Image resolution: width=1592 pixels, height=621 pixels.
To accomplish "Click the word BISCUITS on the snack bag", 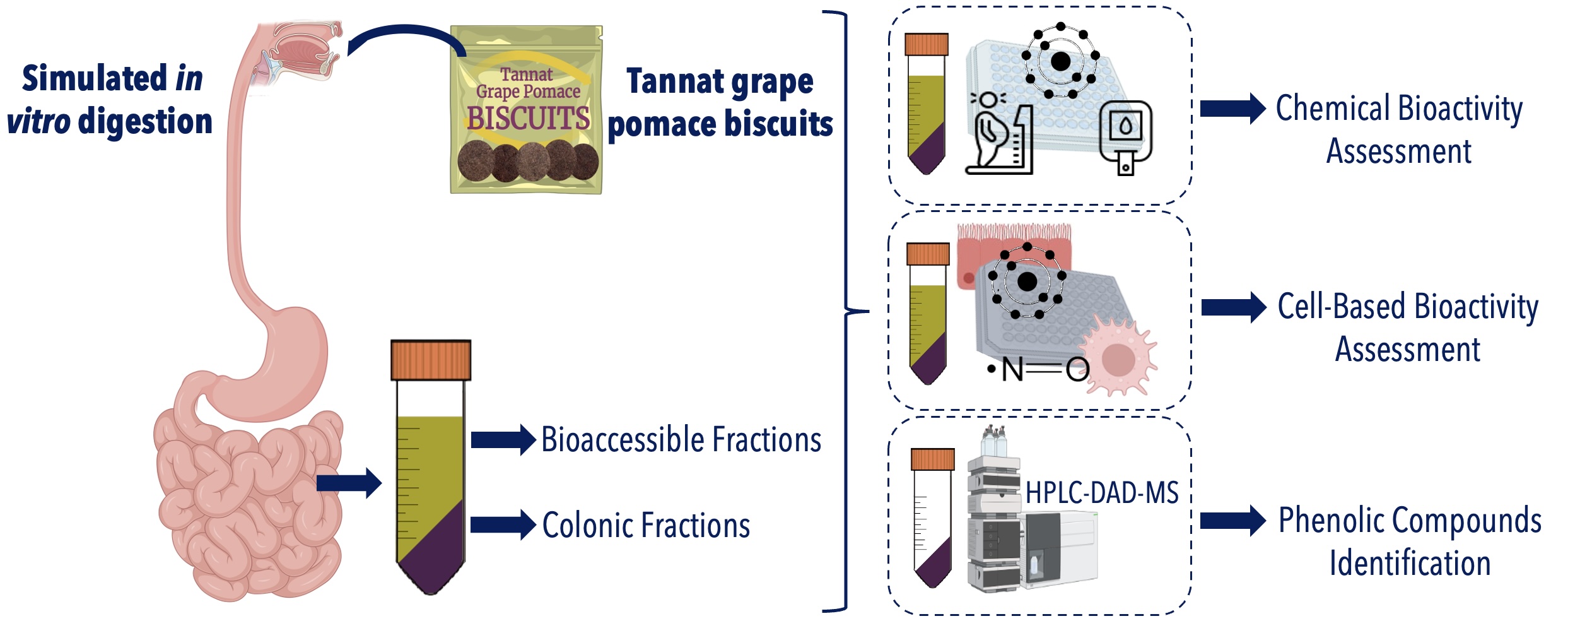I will [528, 118].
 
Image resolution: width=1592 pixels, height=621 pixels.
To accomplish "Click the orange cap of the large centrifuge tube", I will [431, 360].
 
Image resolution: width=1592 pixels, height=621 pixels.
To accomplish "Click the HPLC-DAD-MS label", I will [1102, 493].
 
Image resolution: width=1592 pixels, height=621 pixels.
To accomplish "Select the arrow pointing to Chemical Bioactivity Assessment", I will [1232, 109].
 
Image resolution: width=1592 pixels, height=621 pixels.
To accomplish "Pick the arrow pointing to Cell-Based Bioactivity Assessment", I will [1234, 307].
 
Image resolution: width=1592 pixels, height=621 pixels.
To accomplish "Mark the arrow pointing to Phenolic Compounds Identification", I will [1232, 521].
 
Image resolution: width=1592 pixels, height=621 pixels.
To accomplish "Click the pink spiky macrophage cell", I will [1118, 358].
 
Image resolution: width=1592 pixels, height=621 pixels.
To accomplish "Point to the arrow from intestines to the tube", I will [349, 483].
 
